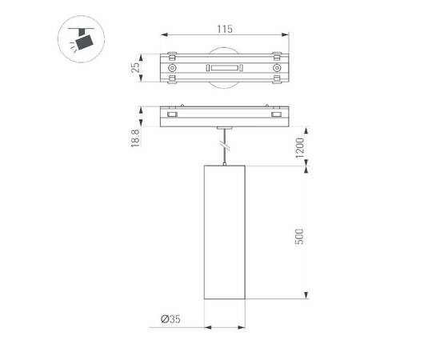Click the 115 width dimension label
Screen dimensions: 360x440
coord(223,29)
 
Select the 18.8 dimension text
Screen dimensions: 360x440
coord(135,137)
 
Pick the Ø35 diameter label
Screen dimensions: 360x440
coord(170,319)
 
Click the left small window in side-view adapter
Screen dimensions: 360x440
coord(170,117)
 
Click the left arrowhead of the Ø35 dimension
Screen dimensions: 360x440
coord(206,327)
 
